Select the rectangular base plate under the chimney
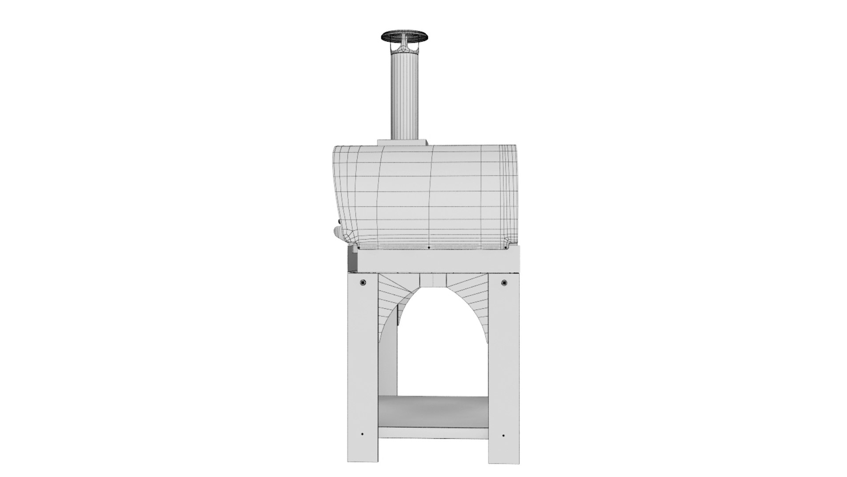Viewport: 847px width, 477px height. pyautogui.click(x=403, y=142)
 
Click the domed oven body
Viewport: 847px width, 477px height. pyautogui.click(x=423, y=194)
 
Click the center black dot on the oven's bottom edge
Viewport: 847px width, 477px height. pyautogui.click(x=429, y=248)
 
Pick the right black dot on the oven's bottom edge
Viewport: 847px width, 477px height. pyautogui.click(x=506, y=248)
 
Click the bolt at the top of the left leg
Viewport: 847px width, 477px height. pyautogui.click(x=363, y=282)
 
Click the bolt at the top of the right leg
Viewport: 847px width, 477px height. pyautogui.click(x=504, y=282)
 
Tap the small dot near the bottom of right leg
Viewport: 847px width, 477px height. pyautogui.click(x=504, y=435)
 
